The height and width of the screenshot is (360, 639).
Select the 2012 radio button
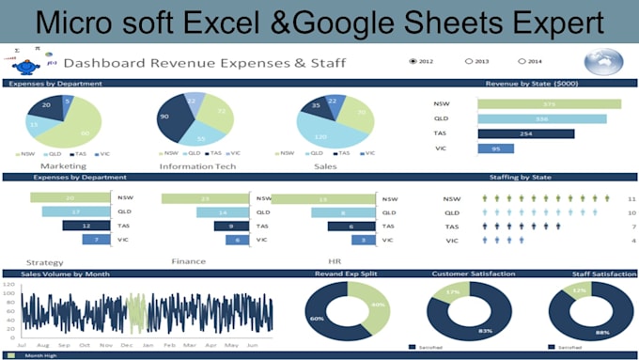(x=413, y=62)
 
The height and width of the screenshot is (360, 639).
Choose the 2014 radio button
(x=522, y=62)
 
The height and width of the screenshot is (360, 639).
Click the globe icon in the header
(x=602, y=62)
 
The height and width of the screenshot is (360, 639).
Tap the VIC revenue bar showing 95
(x=496, y=149)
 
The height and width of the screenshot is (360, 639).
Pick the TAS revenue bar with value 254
(x=525, y=133)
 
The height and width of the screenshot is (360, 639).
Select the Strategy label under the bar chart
(x=46, y=263)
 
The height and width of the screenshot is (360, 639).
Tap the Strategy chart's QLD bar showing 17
(x=76, y=211)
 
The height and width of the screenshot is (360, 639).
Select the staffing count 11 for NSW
(x=631, y=199)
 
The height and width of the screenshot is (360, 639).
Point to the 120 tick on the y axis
(x=10, y=284)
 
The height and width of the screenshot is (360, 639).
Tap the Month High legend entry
(x=40, y=356)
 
